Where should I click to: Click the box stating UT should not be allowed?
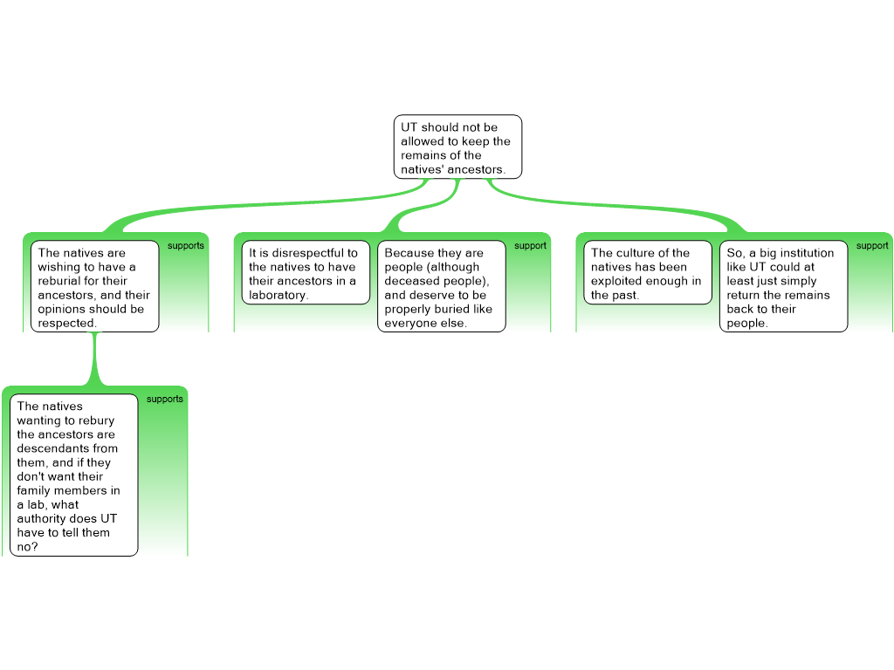pos(457,147)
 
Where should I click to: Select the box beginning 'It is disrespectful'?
pos(306,272)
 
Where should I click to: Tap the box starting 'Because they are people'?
pos(441,286)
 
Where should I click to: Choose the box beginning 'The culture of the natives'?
pos(648,272)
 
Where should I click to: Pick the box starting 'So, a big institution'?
pos(783,286)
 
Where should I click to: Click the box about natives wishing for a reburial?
pos(94,286)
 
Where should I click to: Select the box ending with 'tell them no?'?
pos(74,475)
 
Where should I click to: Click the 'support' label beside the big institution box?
pos(872,245)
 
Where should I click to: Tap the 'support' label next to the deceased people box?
pos(530,245)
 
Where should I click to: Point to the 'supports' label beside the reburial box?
pos(185,245)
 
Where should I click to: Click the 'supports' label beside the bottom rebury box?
pos(164,399)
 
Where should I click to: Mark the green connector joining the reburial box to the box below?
pos(94,359)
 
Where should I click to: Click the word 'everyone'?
pos(408,323)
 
